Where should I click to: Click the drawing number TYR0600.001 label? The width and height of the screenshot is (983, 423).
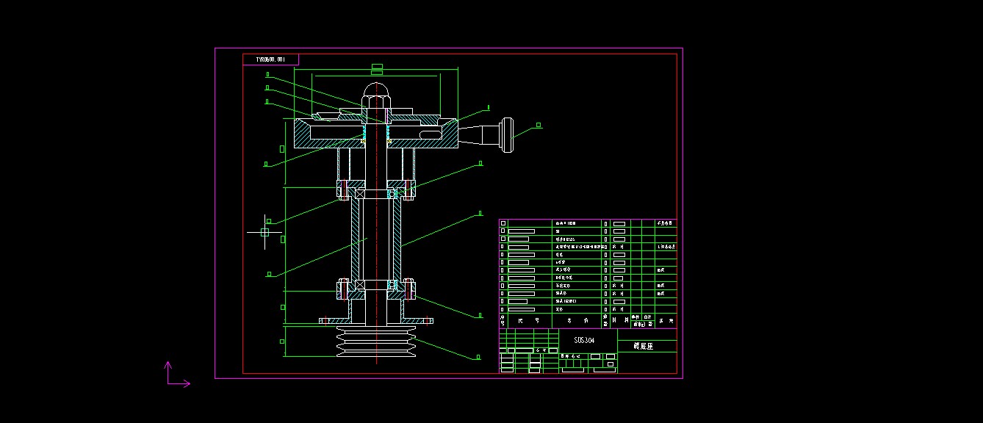click(270, 59)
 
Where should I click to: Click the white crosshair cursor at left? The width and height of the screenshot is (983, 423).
click(264, 231)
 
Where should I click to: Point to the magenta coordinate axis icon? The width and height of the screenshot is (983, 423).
click(174, 375)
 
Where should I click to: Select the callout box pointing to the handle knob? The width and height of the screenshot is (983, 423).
click(539, 125)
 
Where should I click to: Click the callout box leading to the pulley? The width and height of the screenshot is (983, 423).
click(478, 358)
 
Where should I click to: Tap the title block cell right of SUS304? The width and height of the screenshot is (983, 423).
click(647, 345)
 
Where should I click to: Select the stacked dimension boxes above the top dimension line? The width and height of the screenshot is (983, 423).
click(377, 69)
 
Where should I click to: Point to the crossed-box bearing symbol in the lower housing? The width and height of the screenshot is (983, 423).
click(361, 284)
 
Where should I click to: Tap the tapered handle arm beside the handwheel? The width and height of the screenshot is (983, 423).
click(478, 134)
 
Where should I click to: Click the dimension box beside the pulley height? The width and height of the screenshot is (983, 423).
click(282, 341)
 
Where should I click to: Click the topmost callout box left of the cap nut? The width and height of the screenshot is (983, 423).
click(268, 74)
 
